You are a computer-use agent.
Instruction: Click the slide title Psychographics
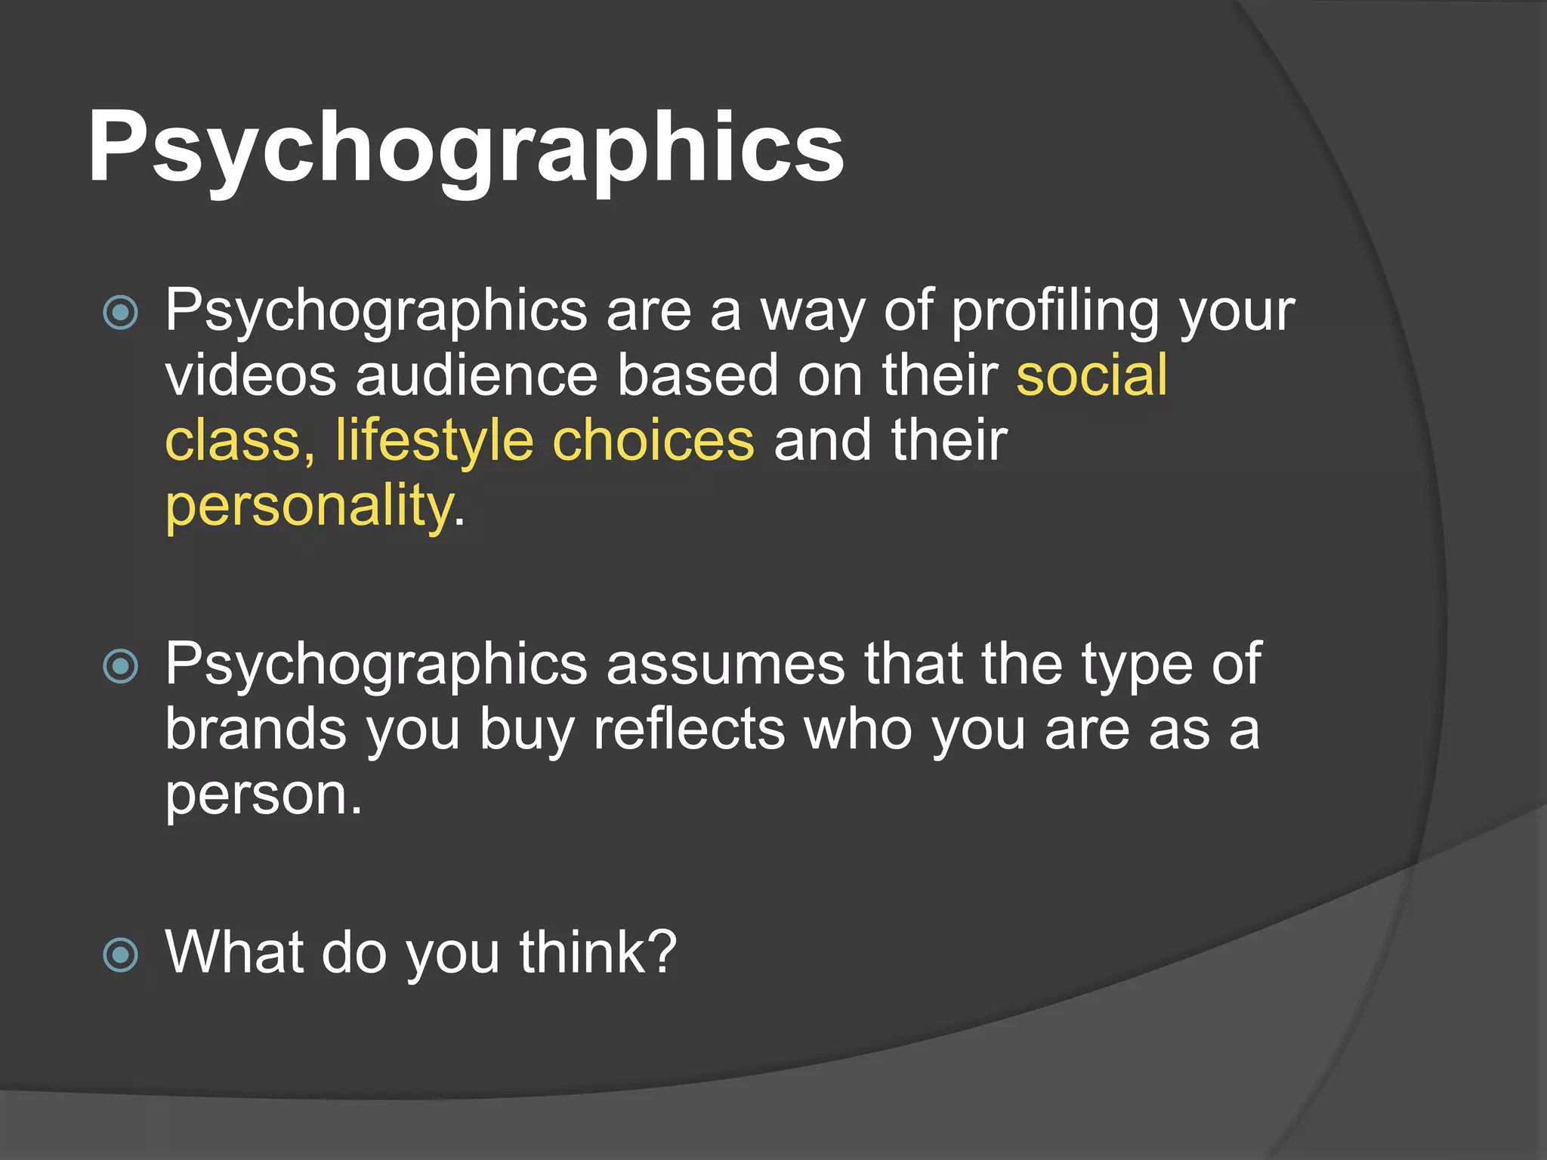click(465, 147)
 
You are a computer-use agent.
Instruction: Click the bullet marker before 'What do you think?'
click(121, 954)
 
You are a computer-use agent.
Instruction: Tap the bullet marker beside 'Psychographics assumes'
click(121, 666)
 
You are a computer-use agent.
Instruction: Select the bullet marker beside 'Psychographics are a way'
click(121, 313)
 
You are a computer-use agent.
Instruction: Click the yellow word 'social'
click(1092, 375)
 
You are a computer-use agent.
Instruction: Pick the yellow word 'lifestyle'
click(434, 441)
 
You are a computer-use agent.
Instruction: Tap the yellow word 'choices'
click(653, 441)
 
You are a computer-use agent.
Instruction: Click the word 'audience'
click(477, 375)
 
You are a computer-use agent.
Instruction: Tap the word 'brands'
click(256, 730)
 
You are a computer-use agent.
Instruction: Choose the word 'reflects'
click(689, 730)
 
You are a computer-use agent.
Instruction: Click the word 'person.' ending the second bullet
click(264, 797)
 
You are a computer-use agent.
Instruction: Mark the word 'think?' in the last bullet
click(597, 952)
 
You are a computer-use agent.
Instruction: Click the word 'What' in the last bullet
click(234, 952)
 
